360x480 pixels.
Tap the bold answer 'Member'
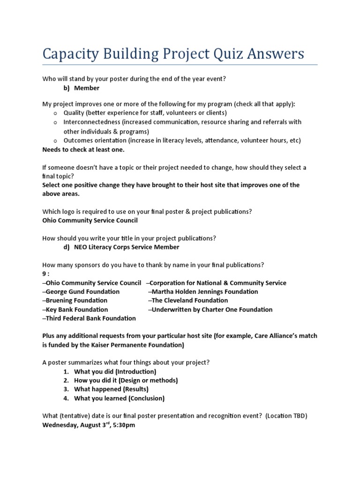point(87,88)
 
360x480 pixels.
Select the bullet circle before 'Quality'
point(55,113)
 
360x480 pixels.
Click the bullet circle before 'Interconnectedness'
point(55,122)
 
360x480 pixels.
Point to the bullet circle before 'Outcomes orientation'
point(55,140)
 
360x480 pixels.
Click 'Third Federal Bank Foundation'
point(90,318)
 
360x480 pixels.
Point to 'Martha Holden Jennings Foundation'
point(204,292)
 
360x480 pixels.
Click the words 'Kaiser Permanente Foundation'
point(139,345)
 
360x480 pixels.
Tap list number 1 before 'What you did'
point(67,372)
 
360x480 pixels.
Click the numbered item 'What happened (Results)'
point(111,390)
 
